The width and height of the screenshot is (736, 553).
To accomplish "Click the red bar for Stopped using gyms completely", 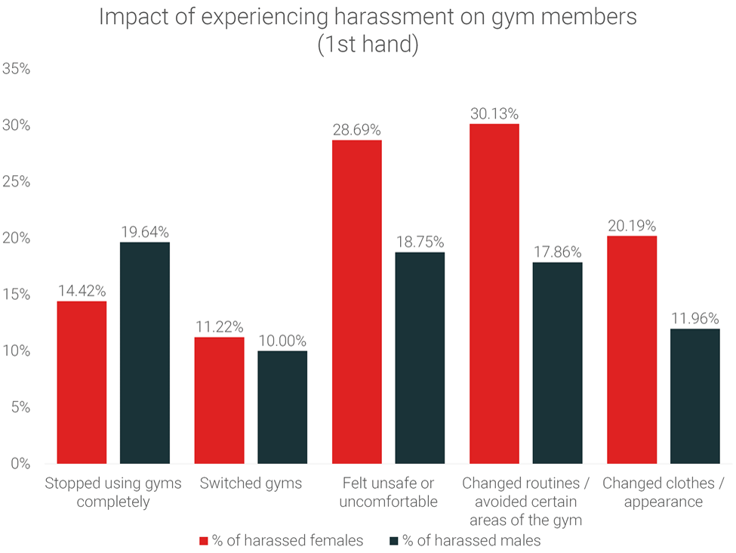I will point(82,382).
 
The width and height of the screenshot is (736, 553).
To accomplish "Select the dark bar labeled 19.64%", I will point(145,353).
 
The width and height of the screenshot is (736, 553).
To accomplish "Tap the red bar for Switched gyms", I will point(219,400).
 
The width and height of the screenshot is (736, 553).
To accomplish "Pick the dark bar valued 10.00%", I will point(282,407).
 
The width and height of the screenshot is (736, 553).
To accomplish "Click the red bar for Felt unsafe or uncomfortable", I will point(357,302).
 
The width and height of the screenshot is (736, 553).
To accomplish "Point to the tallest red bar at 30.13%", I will point(494,294).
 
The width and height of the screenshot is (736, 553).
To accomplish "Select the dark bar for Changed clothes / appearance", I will point(695,396).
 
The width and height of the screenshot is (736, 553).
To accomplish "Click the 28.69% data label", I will point(357,130).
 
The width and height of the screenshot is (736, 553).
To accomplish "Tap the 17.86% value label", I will point(557,252).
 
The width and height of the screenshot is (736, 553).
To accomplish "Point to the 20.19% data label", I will point(632,226).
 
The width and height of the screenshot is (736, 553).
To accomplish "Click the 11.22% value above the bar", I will point(219,327).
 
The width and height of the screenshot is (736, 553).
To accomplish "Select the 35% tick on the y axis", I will point(17,69).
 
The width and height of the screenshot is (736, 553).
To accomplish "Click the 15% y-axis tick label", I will point(17,295).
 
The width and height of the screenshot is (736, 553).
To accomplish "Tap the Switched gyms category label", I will point(251,483).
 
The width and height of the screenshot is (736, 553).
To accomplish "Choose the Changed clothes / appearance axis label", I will point(664,492).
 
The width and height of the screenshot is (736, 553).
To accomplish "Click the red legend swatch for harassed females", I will point(203,541).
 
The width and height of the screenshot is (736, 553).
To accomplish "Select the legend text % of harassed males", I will point(472,541).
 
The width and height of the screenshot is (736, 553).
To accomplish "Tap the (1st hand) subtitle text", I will point(368,45).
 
